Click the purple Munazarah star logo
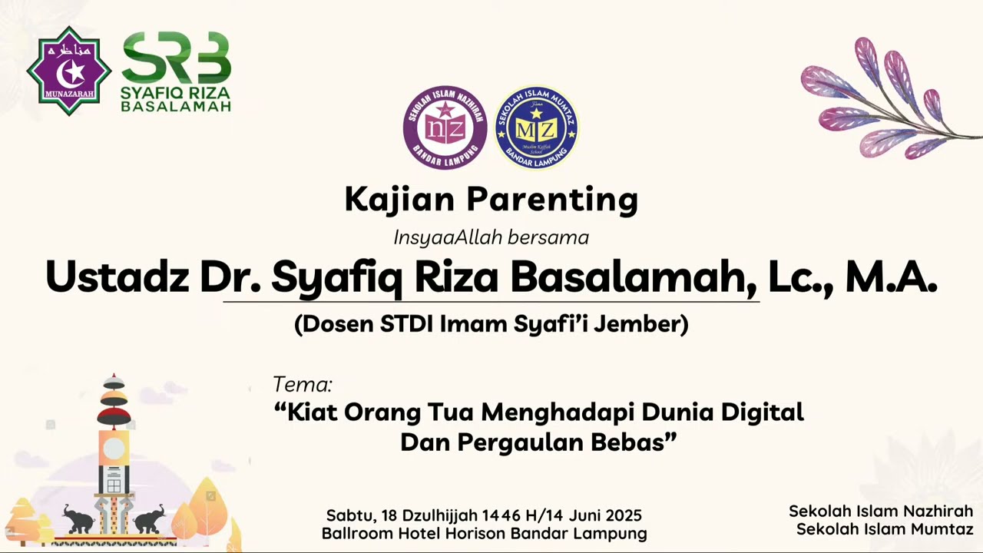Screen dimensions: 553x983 click(69, 71)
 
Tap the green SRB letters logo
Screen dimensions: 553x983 click(176, 58)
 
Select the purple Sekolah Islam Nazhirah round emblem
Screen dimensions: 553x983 click(445, 127)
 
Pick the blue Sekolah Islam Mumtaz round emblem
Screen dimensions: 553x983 click(535, 127)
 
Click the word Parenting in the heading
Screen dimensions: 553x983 click(552, 200)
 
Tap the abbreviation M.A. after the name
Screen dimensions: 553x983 click(891, 276)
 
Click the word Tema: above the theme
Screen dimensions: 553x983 click(303, 384)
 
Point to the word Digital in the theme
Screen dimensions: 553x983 click(762, 412)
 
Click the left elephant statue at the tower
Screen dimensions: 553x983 click(78, 520)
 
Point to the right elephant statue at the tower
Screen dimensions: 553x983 click(149, 518)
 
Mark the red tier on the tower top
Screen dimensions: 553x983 click(114, 416)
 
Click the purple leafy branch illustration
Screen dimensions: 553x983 click(883, 100)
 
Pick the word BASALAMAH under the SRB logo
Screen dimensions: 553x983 click(176, 107)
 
